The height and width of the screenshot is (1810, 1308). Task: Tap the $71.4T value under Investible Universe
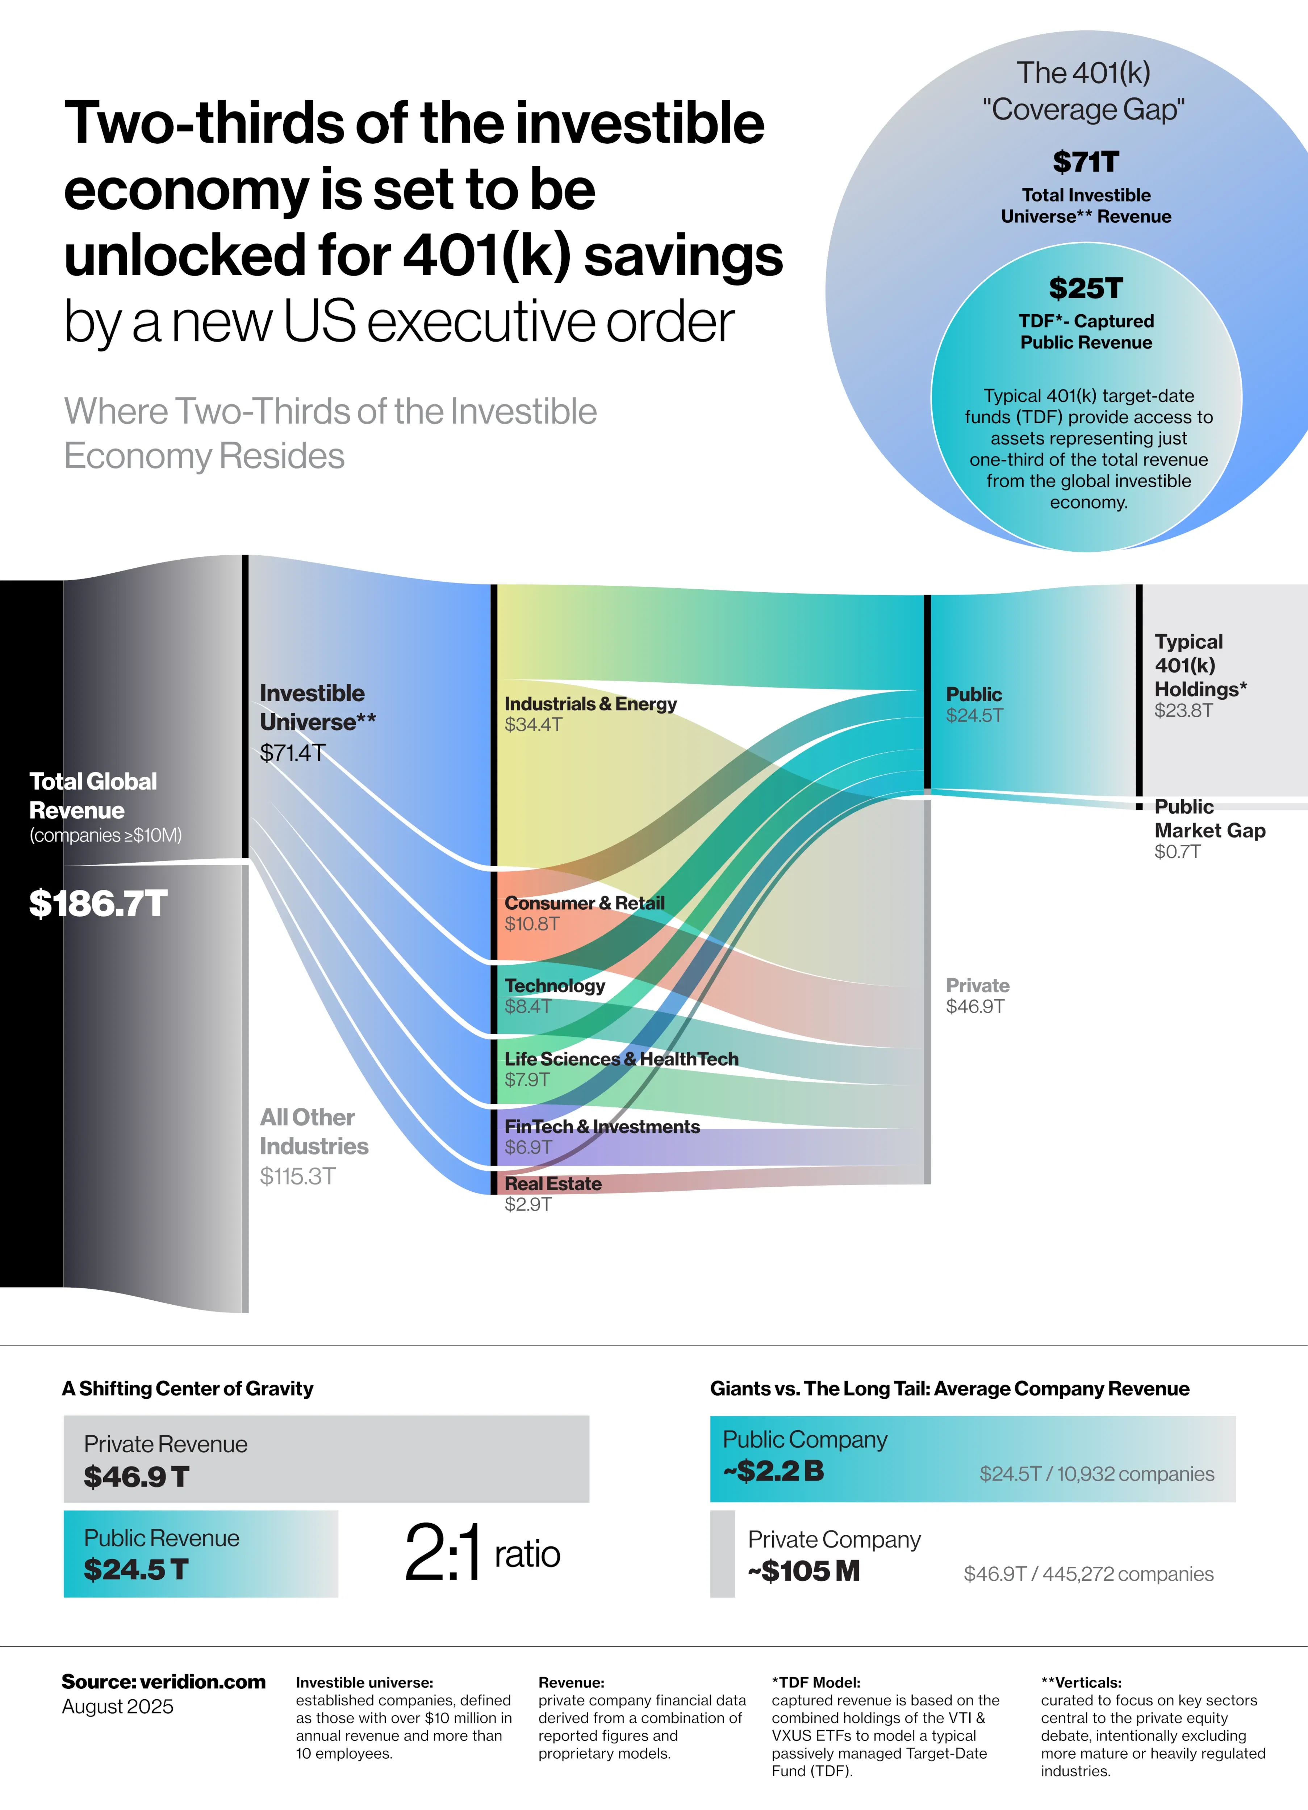(x=292, y=753)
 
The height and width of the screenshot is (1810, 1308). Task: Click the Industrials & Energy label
(x=590, y=704)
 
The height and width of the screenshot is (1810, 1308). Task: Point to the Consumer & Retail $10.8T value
(x=532, y=924)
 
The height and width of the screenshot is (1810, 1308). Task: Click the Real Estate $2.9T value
(x=528, y=1204)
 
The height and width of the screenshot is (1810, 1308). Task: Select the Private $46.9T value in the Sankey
(x=975, y=1006)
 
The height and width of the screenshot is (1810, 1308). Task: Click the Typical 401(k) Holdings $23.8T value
(x=1183, y=710)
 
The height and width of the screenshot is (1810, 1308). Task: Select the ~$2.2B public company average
(x=773, y=1471)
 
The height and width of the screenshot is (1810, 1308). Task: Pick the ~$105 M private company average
(x=803, y=1571)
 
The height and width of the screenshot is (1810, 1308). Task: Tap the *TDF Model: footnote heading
(x=815, y=1682)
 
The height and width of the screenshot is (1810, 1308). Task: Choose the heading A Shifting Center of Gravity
(x=188, y=1389)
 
